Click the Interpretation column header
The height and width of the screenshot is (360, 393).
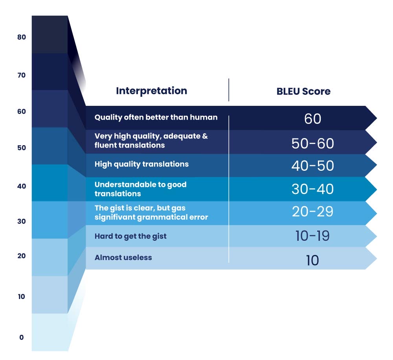(151, 91)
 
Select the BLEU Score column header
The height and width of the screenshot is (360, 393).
(303, 91)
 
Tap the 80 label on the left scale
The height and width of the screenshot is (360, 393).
(22, 37)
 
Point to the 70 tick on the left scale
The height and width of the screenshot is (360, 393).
(22, 75)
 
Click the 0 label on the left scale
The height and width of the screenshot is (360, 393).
(22, 337)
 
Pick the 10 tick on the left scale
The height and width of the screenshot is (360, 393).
(22, 297)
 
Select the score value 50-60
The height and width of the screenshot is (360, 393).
(312, 144)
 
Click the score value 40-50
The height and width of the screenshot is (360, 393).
(312, 166)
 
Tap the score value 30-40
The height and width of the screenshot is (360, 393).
(312, 189)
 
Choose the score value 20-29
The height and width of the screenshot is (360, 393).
(312, 212)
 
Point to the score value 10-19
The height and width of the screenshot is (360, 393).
(312, 236)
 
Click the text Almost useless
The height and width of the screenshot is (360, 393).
(123, 258)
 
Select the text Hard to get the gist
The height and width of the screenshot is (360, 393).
(130, 236)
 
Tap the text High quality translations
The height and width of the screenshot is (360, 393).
(141, 164)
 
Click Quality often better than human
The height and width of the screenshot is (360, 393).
(156, 117)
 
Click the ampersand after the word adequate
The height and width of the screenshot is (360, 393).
(205, 136)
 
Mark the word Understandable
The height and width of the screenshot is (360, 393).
(125, 185)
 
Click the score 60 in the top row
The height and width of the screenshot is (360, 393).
(312, 119)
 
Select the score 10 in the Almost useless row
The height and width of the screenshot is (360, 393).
(312, 260)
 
